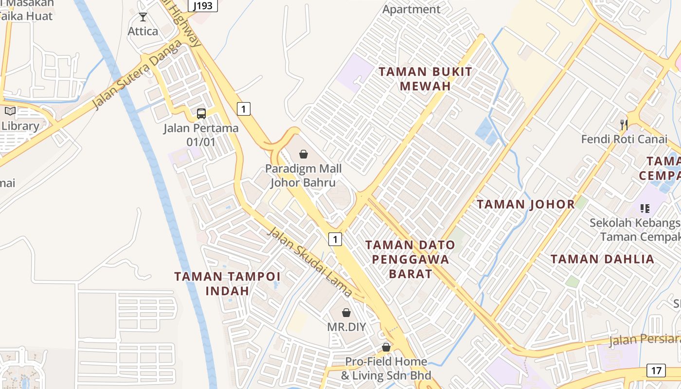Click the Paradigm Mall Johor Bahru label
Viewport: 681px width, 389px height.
(x=303, y=176)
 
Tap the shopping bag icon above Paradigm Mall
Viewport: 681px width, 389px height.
(x=303, y=155)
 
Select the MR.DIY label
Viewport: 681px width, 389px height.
(x=346, y=326)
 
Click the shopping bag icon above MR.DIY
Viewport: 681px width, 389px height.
(x=346, y=313)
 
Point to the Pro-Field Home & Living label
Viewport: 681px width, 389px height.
(x=386, y=368)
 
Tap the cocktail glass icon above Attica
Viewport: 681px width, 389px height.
(x=143, y=18)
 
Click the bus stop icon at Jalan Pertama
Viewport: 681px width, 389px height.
(x=201, y=114)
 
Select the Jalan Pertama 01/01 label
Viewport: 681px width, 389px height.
(x=201, y=135)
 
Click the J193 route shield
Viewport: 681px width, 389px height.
(x=202, y=6)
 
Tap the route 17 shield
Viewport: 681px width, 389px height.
(x=656, y=371)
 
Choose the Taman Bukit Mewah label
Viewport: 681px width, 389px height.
(x=425, y=79)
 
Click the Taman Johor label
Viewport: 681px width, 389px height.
(x=526, y=204)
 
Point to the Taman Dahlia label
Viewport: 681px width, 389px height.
(x=602, y=259)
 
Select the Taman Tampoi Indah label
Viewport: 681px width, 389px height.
(x=227, y=283)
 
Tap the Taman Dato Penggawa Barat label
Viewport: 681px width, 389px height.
(x=410, y=259)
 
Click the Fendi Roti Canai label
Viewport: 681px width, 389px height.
(x=624, y=139)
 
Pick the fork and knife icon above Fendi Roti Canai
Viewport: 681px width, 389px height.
(x=624, y=125)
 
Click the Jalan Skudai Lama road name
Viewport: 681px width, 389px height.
(x=309, y=262)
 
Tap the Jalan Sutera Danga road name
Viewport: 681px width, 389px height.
(x=138, y=74)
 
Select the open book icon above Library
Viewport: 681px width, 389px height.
(x=10, y=111)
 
